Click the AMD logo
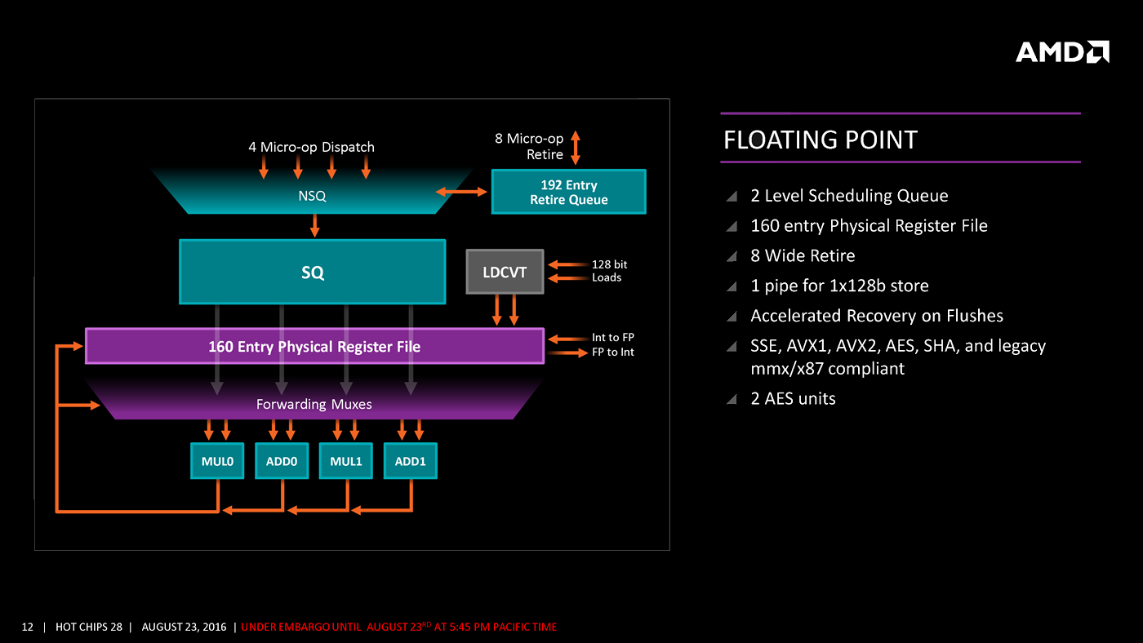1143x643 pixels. point(1062,52)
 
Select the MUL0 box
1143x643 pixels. point(217,461)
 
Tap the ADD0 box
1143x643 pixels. point(282,461)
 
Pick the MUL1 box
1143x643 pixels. point(346,461)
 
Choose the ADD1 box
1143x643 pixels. point(411,461)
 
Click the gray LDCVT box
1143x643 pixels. point(505,272)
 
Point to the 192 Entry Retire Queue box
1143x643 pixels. point(568,192)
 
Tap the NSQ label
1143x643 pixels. point(312,196)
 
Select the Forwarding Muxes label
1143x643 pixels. point(314,404)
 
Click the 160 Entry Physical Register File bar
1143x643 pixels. point(314,346)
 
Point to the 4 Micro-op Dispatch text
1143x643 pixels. point(311,147)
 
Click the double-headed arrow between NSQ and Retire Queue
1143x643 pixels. point(461,192)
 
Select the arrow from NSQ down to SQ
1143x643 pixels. point(314,225)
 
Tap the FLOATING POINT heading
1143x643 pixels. point(821,140)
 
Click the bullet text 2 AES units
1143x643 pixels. point(793,398)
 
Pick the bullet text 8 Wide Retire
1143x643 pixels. point(803,255)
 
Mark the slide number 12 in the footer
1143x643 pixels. point(28,627)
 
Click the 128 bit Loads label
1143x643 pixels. point(609,271)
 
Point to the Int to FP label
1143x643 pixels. point(612,337)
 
